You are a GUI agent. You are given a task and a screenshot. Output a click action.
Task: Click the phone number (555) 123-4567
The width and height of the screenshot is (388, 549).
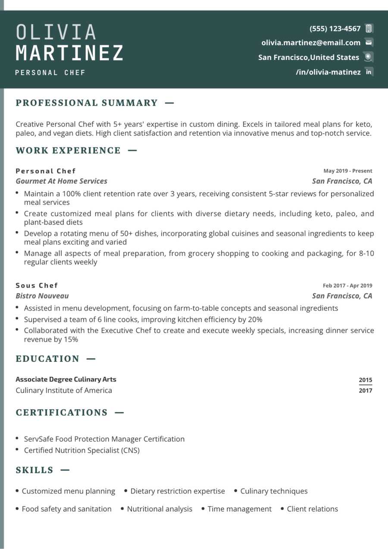[335, 29]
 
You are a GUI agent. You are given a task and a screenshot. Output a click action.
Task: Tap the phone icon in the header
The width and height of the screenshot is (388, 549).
[369, 29]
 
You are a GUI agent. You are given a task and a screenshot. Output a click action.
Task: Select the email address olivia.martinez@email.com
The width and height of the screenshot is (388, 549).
[311, 43]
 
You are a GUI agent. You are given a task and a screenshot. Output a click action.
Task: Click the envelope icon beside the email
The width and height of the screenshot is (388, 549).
[369, 43]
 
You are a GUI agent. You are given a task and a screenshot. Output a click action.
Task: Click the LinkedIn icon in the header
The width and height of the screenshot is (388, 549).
[369, 72]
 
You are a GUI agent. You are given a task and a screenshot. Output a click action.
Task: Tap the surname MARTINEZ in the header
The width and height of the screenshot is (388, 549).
[70, 53]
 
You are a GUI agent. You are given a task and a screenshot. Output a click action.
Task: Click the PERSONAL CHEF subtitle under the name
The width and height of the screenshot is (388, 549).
[50, 73]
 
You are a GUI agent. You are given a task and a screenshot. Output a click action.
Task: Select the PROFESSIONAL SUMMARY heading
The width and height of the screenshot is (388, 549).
[87, 103]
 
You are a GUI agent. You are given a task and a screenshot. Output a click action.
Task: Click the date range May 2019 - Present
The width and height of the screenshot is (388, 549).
[347, 171]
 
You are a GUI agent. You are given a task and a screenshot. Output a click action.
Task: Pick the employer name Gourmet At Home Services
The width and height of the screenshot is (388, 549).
[61, 181]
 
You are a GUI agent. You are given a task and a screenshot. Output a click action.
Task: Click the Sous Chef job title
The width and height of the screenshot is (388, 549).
[37, 285]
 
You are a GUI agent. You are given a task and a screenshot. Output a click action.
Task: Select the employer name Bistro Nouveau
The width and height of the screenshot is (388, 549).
[42, 296]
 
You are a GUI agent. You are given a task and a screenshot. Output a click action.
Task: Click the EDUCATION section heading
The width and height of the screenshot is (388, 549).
[47, 359]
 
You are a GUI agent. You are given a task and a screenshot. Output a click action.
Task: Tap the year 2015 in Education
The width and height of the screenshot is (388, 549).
[365, 380]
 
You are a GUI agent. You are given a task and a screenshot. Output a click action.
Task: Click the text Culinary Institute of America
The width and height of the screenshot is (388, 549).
[64, 391]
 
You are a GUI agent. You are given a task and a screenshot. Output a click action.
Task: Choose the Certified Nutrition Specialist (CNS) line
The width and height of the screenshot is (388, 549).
[81, 450]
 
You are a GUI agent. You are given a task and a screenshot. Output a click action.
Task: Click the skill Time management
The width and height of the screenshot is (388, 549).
[240, 509]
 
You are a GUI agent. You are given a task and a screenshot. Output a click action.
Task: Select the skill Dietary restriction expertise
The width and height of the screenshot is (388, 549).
[178, 491]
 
